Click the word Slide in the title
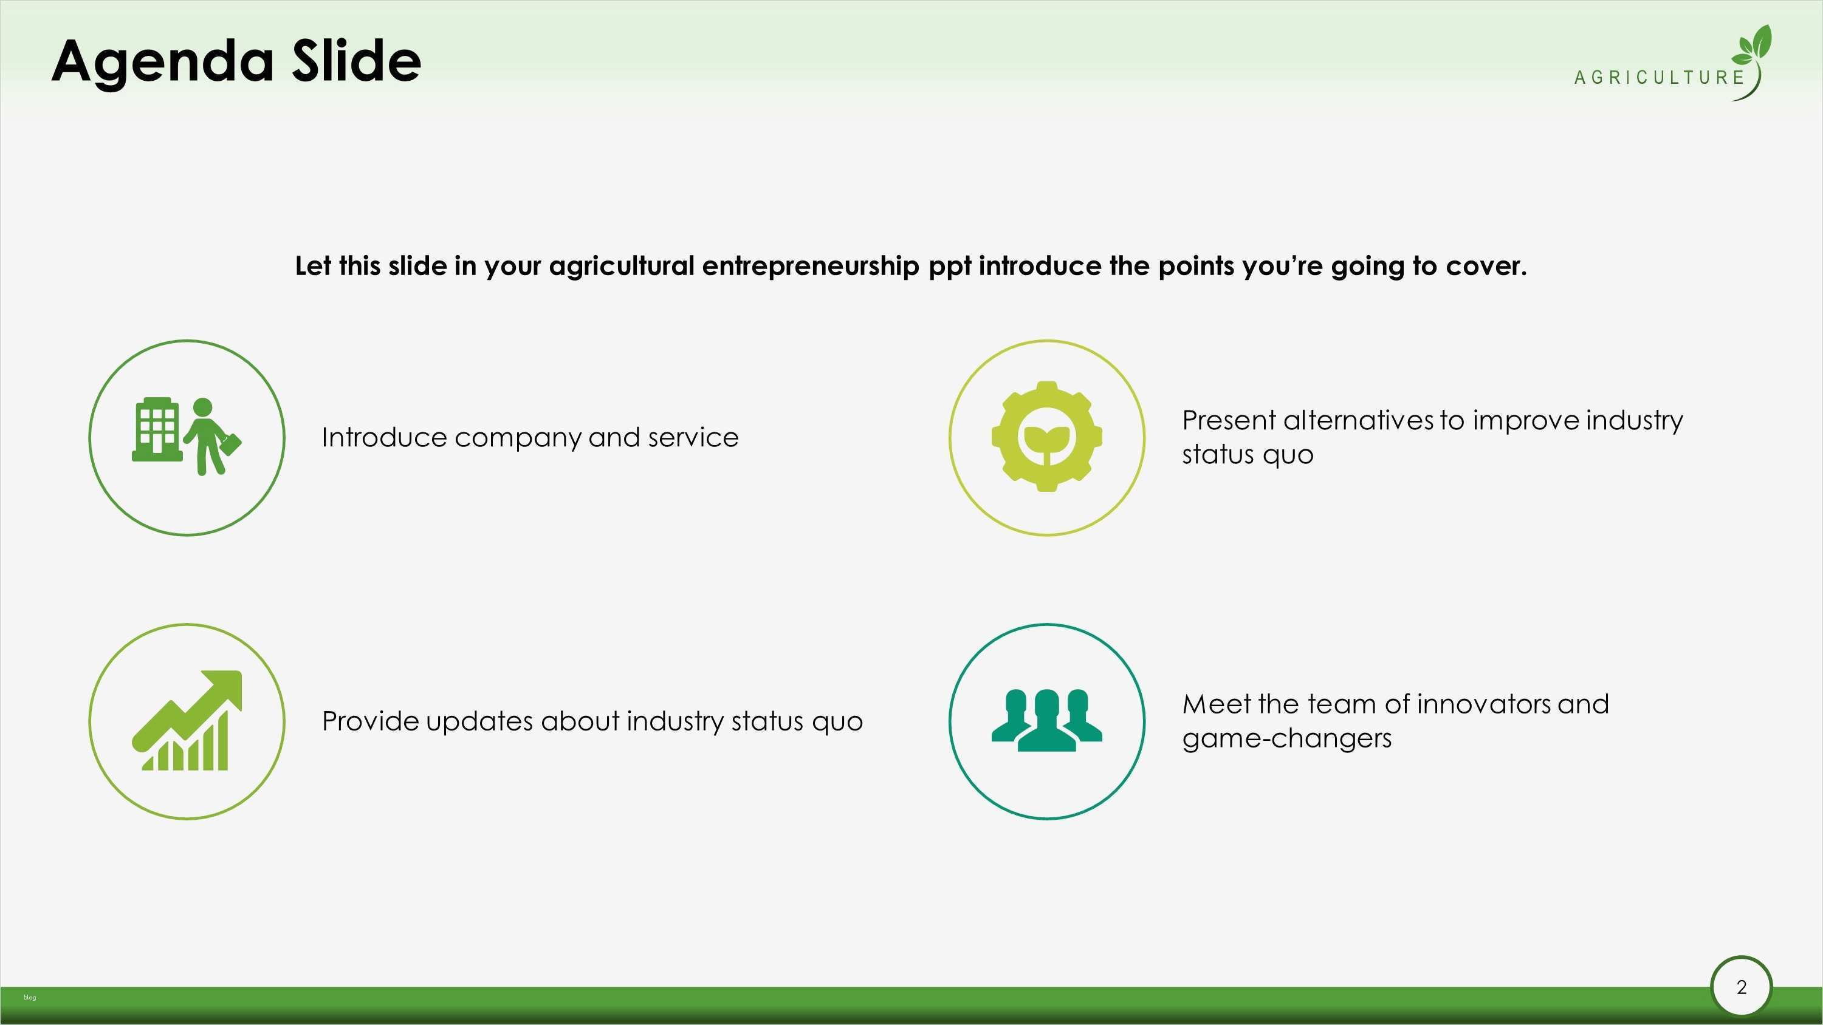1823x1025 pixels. pyautogui.click(x=357, y=60)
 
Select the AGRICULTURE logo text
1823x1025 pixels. pyautogui.click(x=1660, y=77)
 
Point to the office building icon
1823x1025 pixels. pyautogui.click(x=156, y=429)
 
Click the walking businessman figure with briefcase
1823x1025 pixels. pyautogui.click(x=211, y=437)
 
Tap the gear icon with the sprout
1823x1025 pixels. pyautogui.click(x=1046, y=437)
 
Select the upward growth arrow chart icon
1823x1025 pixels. pyautogui.click(x=187, y=720)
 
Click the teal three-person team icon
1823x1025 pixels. pyautogui.click(x=1046, y=720)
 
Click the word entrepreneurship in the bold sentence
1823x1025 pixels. pyautogui.click(x=810, y=267)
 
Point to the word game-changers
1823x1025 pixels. pyautogui.click(x=1286, y=739)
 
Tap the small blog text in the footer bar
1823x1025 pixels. pyautogui.click(x=30, y=998)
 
